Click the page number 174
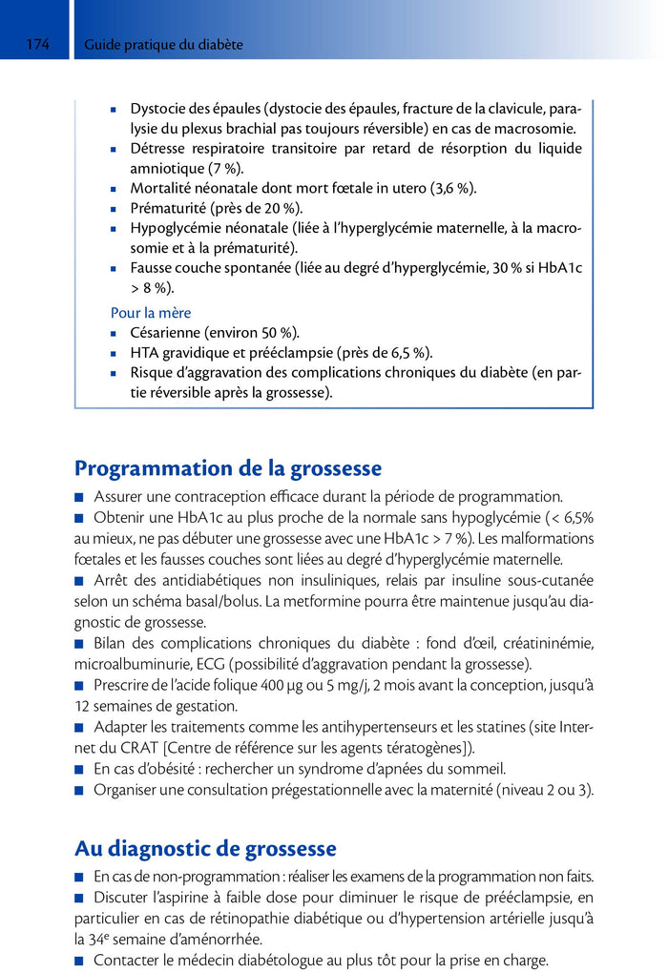tap(38, 45)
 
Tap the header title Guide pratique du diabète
tap(163, 45)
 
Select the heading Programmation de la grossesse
tap(228, 468)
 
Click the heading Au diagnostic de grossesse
tap(205, 848)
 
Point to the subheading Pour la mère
tap(151, 312)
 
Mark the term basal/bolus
tap(232, 603)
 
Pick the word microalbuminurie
tap(131, 664)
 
